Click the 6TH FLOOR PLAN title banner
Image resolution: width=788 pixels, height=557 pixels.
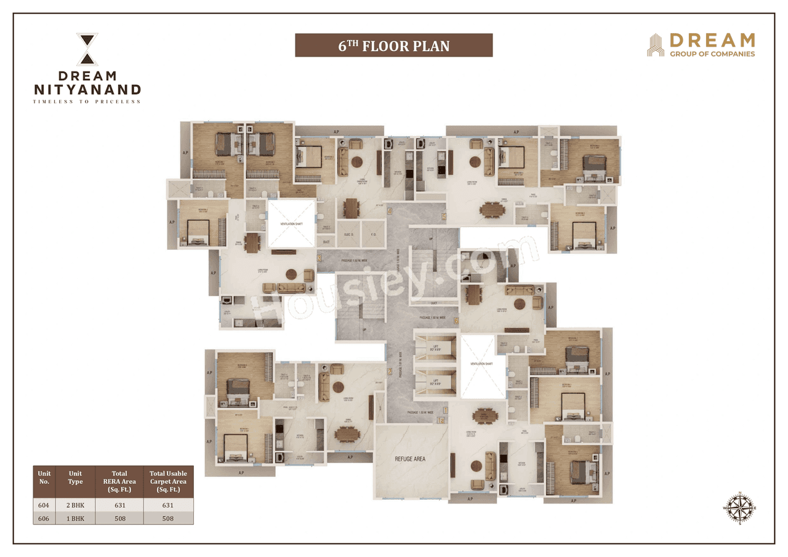tap(393, 46)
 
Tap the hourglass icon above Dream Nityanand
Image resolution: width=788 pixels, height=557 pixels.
tap(87, 49)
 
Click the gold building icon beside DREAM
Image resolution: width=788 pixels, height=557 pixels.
tap(655, 46)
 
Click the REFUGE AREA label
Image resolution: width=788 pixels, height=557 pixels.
tap(409, 459)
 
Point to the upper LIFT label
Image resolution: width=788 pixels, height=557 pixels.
tap(436, 348)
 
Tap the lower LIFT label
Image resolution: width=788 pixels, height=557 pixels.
tap(436, 382)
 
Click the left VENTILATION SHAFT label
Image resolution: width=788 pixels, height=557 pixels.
tap(291, 223)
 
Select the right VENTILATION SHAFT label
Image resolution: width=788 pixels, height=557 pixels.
tap(482, 364)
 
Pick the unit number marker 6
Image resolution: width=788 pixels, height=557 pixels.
tap(456, 320)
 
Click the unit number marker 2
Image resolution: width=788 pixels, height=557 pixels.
tap(389, 371)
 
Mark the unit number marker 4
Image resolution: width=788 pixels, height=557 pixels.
tap(390, 211)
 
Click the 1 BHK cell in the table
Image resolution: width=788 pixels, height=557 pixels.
tap(75, 518)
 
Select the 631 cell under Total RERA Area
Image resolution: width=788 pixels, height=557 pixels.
tap(119, 505)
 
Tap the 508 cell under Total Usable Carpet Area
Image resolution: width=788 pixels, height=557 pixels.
tap(168, 518)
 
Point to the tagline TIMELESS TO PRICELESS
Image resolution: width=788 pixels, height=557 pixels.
tap(87, 102)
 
